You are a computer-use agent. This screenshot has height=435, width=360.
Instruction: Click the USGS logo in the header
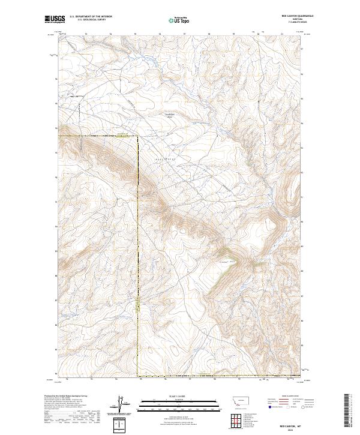54,20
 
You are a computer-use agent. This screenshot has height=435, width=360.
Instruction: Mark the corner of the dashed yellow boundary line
137,137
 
